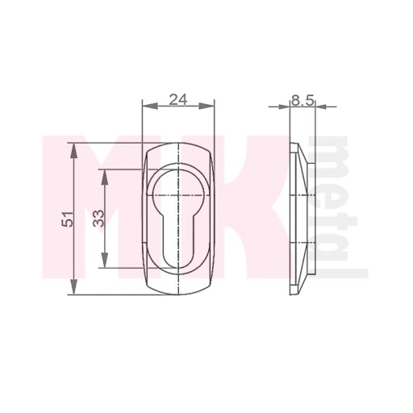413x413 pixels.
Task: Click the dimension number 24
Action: (178, 100)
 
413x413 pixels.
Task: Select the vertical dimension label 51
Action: (68, 219)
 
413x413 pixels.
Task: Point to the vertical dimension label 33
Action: (98, 219)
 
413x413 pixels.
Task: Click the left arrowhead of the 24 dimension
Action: (149, 106)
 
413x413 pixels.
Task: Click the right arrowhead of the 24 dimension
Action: (206, 106)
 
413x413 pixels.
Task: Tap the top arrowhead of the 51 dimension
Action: (73, 151)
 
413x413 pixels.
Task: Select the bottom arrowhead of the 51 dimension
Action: (73, 287)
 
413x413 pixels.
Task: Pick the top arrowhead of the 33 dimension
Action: (105, 177)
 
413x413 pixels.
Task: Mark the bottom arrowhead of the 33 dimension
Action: (105, 260)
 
